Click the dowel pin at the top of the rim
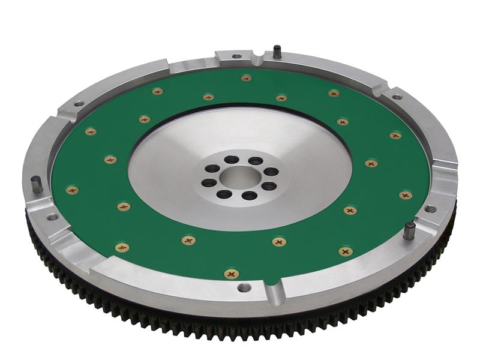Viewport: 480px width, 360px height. point(277,52)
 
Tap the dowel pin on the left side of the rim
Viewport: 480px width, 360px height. point(37,184)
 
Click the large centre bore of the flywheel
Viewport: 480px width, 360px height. point(239,178)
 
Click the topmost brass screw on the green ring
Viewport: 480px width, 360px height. point(246,78)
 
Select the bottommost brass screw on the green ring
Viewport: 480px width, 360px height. point(231,274)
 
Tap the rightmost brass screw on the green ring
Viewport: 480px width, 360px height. point(406,195)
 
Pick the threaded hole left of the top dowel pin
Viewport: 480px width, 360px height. point(236,56)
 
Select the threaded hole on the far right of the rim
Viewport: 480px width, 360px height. point(430,209)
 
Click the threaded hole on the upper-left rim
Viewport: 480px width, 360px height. point(79,104)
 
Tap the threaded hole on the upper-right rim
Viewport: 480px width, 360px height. point(397,96)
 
